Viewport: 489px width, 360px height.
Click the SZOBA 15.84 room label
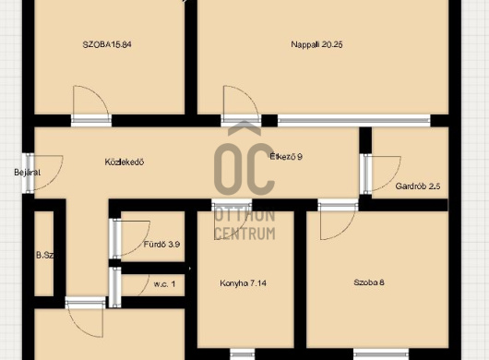point(107,44)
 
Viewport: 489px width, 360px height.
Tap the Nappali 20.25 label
point(316,44)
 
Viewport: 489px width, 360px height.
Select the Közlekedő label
point(125,162)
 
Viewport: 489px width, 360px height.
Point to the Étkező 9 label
point(286,156)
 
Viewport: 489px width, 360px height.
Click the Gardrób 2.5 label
point(418,186)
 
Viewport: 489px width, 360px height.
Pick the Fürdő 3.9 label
point(161,245)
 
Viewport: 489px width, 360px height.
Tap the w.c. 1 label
point(164,284)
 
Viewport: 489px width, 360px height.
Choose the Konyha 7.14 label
point(244,283)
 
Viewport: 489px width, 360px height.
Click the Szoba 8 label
point(369,282)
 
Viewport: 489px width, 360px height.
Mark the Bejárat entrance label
point(27,173)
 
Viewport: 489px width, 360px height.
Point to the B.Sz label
point(45,255)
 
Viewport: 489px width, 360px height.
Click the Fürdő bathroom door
point(130,238)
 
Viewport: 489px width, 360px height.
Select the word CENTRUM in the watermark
point(245,234)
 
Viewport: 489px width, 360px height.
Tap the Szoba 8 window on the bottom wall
point(381,354)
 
